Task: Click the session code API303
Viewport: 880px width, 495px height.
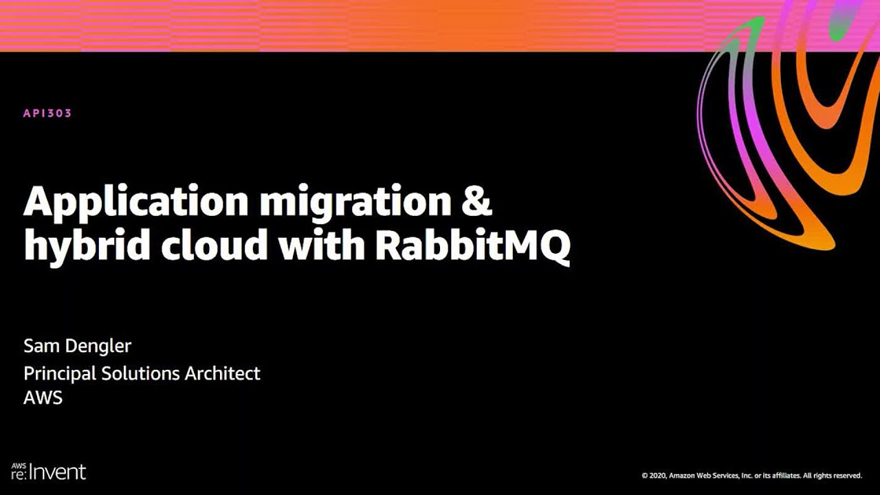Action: (47, 113)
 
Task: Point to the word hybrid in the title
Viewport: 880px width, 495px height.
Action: (87, 245)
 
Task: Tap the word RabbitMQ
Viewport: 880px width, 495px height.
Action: (472, 245)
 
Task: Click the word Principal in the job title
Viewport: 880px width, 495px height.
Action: (59, 374)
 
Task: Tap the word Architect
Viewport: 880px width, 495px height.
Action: (223, 373)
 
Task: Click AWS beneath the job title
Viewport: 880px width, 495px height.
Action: (43, 397)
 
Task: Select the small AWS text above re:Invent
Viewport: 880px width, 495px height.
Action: (18, 465)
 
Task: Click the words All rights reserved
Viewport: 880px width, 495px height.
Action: (833, 475)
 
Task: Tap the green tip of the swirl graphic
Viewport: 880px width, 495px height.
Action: (755, 25)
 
